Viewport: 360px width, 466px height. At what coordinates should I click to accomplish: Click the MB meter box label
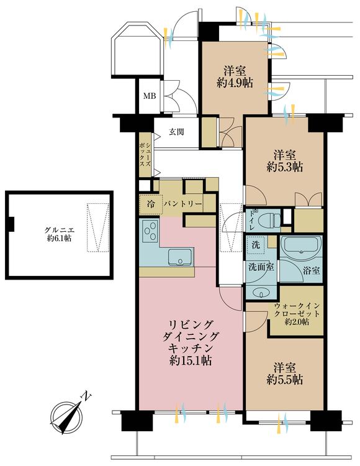(150, 96)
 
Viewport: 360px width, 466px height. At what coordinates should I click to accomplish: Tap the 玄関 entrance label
(176, 132)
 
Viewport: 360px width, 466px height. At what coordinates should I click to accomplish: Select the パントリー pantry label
(183, 204)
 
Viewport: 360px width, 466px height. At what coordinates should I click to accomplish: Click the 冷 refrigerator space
(151, 204)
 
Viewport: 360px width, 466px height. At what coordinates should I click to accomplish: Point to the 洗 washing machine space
(256, 245)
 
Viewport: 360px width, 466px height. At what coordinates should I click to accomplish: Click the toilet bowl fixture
(269, 221)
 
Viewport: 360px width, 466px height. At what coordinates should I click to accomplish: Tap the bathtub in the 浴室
(301, 247)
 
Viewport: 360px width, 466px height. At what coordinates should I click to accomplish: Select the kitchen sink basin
(181, 257)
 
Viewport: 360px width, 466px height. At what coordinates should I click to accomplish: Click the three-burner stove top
(150, 231)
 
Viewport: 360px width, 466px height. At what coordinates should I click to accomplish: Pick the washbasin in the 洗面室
(261, 293)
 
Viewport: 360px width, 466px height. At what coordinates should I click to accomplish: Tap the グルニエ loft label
(59, 231)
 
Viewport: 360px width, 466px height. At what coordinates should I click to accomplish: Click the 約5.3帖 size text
(285, 168)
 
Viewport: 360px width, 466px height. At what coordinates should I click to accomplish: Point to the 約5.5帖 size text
(285, 380)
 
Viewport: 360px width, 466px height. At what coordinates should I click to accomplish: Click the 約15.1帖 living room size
(191, 360)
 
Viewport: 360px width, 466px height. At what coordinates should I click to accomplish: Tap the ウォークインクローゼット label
(297, 309)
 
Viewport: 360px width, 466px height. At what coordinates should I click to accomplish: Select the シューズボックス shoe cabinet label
(145, 155)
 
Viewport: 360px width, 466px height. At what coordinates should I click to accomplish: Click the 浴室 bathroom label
(312, 271)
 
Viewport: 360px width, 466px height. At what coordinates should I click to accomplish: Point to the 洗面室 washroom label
(261, 267)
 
